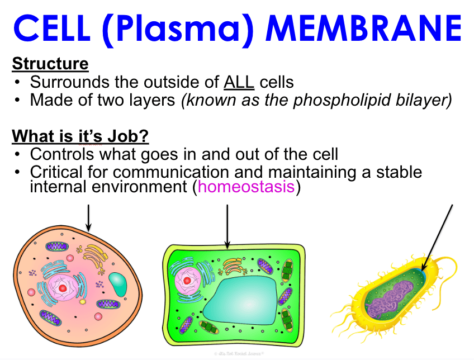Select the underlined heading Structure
click(x=50, y=64)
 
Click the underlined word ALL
click(x=239, y=82)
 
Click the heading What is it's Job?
click(x=80, y=136)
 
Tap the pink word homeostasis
click(x=246, y=186)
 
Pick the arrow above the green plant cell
click(x=227, y=225)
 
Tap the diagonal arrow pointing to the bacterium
click(x=437, y=238)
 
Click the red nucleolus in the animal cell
click(x=63, y=288)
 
